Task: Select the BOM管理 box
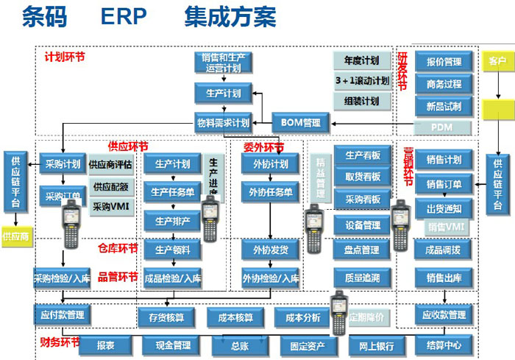[301, 122]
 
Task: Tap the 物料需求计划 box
[223, 122]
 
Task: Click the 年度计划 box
[361, 60]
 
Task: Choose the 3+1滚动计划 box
[361, 80]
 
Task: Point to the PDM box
[443, 128]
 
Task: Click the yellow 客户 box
[497, 62]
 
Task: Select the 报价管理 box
[443, 62]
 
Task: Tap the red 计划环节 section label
[65, 57]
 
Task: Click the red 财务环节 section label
[60, 342]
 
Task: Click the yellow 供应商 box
[15, 237]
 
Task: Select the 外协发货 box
[270, 250]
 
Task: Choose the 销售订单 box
[444, 184]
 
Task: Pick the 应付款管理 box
[62, 315]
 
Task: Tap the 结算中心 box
[444, 345]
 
